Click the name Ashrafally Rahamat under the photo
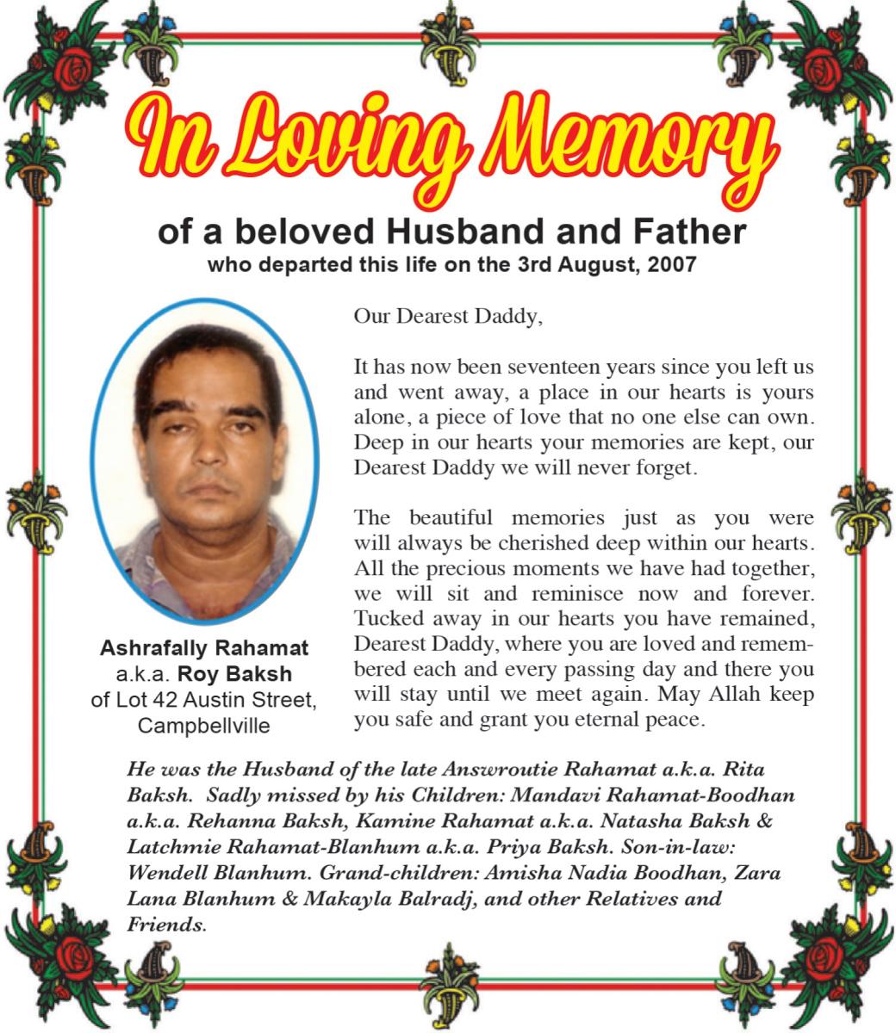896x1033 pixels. click(204, 646)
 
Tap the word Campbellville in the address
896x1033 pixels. click(204, 726)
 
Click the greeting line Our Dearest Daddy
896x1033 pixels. click(449, 316)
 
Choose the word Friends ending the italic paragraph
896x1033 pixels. click(165, 925)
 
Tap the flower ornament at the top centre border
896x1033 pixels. click(449, 34)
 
